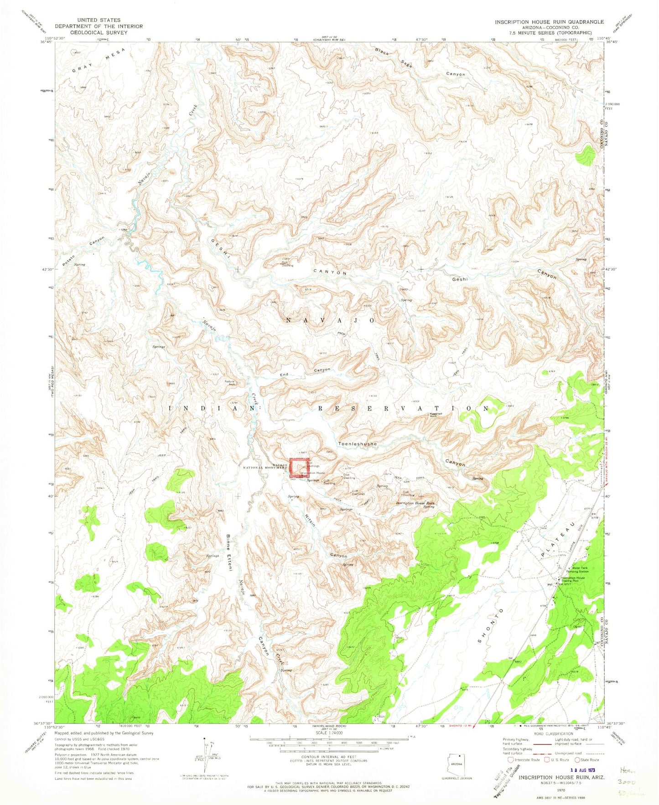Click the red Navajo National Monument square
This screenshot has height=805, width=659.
click(299, 468)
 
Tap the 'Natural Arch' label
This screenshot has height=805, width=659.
click(229, 383)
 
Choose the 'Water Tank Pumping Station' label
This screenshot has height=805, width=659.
click(578, 569)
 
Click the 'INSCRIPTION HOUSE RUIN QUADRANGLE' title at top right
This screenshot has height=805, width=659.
click(549, 22)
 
